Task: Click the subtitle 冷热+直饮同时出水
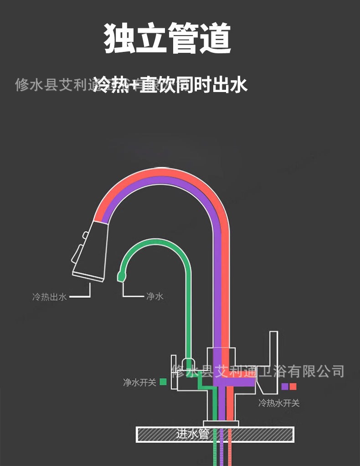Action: [x=170, y=85]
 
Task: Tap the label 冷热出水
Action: [x=49, y=297]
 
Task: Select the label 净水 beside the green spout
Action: [x=154, y=297]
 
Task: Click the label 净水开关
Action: [x=139, y=382]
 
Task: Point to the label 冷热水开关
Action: [x=279, y=403]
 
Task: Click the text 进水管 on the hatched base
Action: [x=192, y=434]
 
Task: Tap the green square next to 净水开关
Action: [x=163, y=382]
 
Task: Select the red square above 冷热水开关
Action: [x=293, y=386]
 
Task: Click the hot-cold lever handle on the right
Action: [x=271, y=360]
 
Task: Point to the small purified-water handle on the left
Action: [x=174, y=371]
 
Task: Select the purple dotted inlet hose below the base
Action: [x=221, y=453]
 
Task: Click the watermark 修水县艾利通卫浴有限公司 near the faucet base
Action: [x=257, y=371]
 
